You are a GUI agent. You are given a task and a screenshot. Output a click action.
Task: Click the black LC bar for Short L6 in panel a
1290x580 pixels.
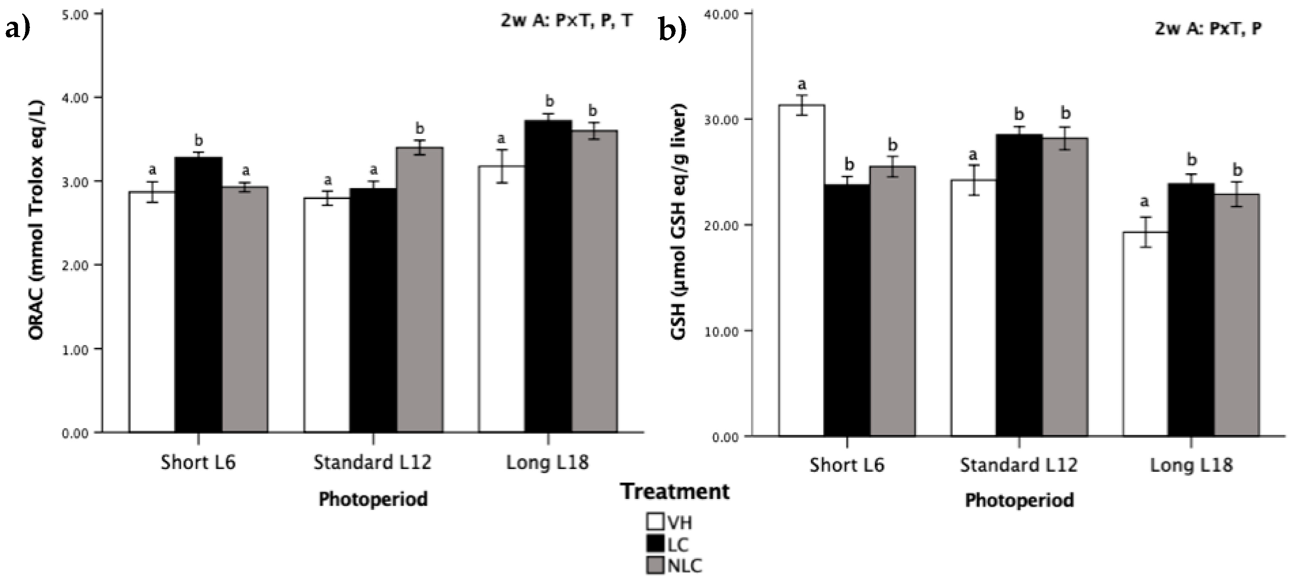(x=198, y=296)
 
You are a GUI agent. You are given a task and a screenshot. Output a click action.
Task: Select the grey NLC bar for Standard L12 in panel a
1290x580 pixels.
(x=420, y=290)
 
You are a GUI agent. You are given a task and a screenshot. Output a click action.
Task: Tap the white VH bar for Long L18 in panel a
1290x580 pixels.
(x=501, y=300)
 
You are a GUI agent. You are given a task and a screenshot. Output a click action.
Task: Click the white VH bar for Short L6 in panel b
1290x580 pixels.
(x=801, y=271)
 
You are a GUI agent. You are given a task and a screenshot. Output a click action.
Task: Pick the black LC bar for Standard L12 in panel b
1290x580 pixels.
(x=1019, y=286)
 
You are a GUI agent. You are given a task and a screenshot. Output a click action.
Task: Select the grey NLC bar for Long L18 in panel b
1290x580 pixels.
(x=1237, y=315)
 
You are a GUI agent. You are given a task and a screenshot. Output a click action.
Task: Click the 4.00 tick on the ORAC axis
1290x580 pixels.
(x=76, y=98)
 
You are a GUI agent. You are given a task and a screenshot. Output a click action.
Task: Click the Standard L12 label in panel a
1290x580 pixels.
(x=372, y=462)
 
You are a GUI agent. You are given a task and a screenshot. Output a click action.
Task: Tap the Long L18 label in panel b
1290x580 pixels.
(x=1191, y=465)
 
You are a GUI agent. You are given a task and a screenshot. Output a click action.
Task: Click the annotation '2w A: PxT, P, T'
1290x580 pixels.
(x=566, y=21)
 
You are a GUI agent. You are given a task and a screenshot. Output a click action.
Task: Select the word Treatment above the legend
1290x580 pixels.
(x=675, y=491)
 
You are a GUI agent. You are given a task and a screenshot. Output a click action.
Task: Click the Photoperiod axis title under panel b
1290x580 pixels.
(x=1019, y=500)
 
